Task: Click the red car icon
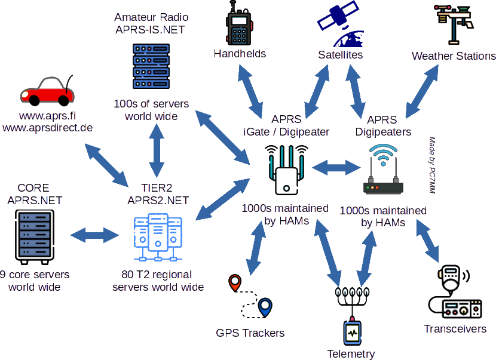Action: pos(47,91)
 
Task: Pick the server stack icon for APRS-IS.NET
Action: pos(151,65)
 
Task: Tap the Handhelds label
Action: pos(241,54)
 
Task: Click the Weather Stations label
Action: pos(454,56)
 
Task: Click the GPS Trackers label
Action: pos(251,333)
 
